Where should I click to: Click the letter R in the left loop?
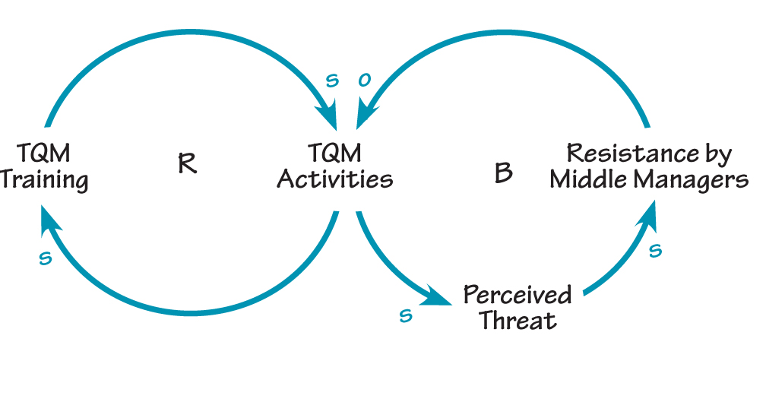tap(188, 164)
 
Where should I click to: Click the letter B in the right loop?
tap(502, 173)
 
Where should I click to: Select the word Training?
tap(44, 181)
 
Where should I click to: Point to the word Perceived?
tap(518, 294)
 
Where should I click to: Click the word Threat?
tap(518, 320)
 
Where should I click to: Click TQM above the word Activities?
tap(334, 154)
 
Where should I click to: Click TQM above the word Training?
tap(44, 154)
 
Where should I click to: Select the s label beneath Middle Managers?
tap(656, 250)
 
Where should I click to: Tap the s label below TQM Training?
tap(45, 259)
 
